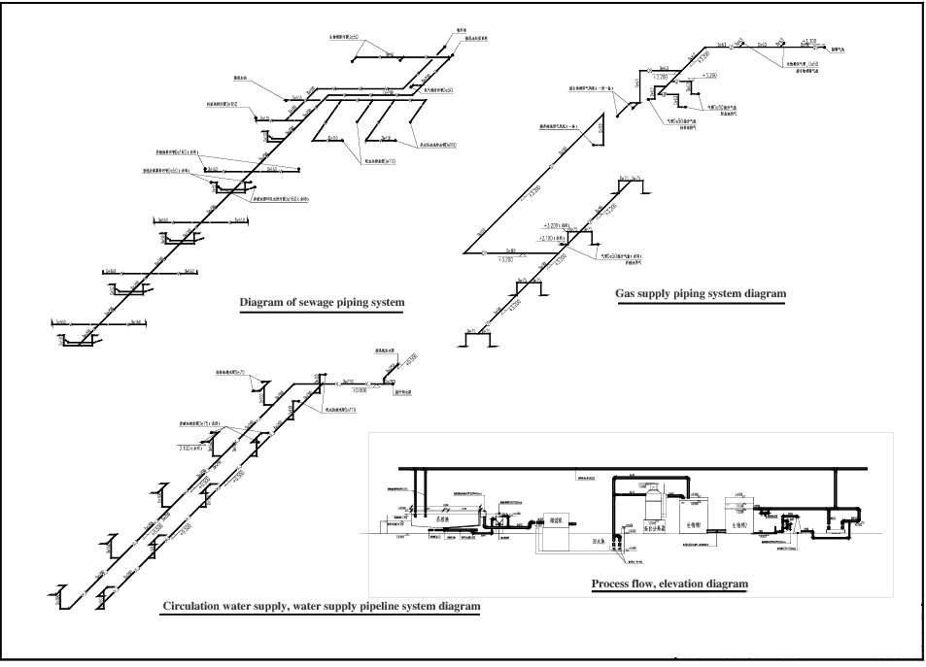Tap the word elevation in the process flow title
tap(692, 584)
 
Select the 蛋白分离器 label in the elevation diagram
tap(655, 527)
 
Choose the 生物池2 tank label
tap(741, 525)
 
